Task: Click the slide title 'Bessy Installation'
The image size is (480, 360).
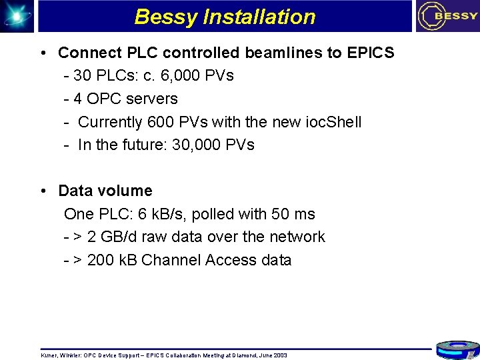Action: [225, 17]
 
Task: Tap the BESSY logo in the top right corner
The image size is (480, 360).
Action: [447, 17]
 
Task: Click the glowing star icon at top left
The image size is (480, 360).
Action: [16, 15]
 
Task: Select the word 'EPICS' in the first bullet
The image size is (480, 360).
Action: [370, 53]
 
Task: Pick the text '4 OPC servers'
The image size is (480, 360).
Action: [126, 99]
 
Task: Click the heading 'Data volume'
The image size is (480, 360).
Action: [105, 191]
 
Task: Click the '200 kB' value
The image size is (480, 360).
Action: [112, 260]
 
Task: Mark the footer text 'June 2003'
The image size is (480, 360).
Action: [272, 355]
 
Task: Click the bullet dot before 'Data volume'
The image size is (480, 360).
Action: [43, 191]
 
